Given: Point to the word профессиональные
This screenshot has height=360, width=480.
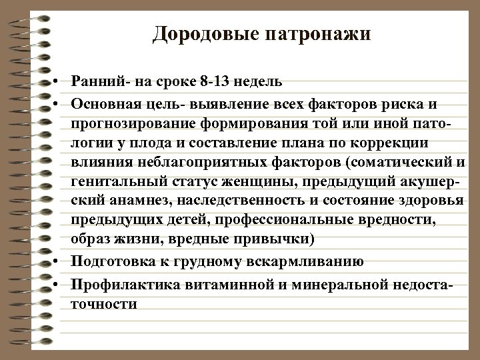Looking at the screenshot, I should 253,220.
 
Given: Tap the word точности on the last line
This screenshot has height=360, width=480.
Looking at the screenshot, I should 103,304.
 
